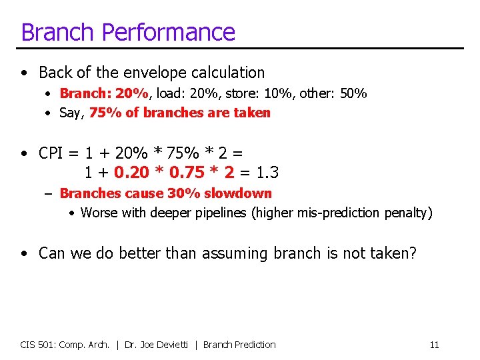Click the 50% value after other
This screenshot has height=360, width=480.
(x=353, y=93)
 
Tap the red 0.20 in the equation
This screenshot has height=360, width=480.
(x=131, y=173)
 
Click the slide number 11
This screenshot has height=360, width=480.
(x=434, y=345)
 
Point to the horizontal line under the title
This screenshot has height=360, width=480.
(x=240, y=49)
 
